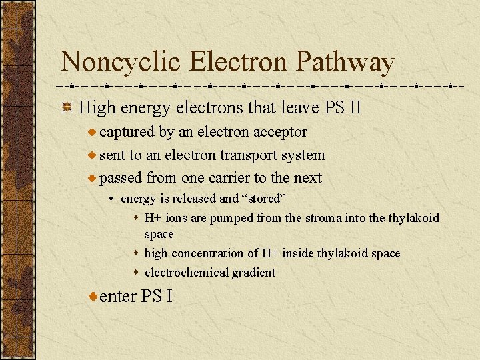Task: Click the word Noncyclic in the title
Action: [x=121, y=63]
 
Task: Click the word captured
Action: [x=127, y=133]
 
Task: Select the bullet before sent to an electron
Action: [x=93, y=155]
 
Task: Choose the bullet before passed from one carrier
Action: [x=93, y=178]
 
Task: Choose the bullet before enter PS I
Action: [x=93, y=295]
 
